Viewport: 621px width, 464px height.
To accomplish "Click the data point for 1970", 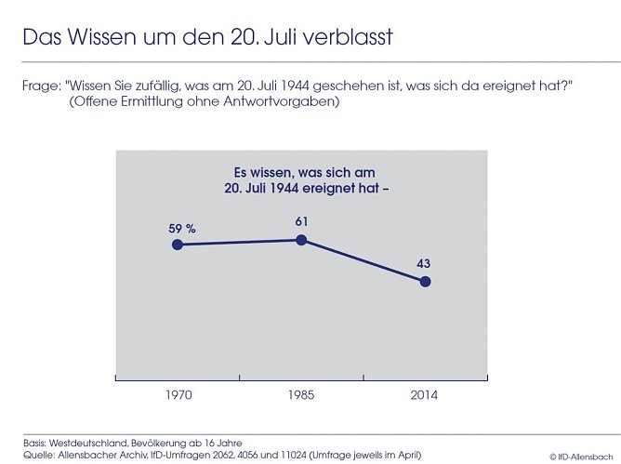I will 177,245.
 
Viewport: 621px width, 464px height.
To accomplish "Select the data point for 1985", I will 301,240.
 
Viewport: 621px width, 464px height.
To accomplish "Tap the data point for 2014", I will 425,281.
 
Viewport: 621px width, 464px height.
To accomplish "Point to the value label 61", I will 301,221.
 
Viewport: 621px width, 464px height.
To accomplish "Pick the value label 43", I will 424,263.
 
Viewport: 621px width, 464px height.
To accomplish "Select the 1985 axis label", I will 301,395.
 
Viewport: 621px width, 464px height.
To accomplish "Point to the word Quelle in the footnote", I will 40,455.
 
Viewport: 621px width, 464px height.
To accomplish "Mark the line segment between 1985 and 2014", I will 363,260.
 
